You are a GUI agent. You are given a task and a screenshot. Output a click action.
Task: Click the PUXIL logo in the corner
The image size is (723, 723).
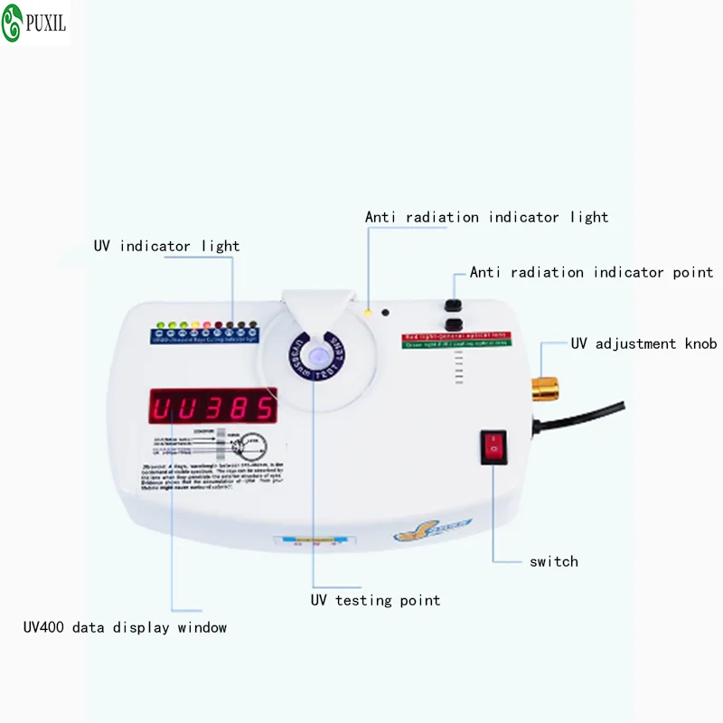(x=35, y=23)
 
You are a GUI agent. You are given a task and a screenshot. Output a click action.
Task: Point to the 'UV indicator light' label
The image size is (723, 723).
(x=167, y=246)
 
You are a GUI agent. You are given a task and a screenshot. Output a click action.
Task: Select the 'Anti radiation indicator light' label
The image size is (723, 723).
(x=486, y=217)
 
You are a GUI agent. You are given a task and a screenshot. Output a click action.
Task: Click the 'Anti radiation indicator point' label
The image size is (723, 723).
(x=591, y=272)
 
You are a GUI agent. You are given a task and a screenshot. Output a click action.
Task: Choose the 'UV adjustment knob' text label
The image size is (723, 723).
(x=643, y=343)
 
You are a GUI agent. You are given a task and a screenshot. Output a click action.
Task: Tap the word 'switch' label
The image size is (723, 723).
(x=553, y=561)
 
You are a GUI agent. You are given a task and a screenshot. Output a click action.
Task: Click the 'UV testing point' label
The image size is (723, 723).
(x=376, y=600)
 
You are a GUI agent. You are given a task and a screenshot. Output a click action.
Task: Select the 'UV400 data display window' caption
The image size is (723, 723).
(x=126, y=627)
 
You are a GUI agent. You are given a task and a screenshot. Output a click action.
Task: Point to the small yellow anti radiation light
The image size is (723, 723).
(x=368, y=312)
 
